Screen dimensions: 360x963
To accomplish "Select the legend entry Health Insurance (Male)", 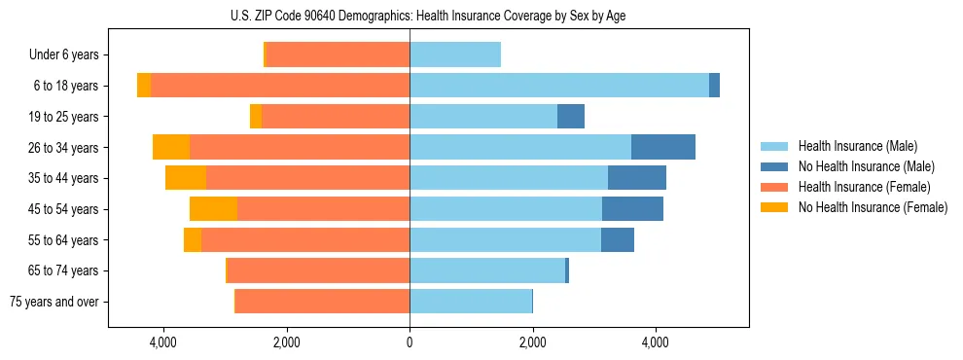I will pos(857,146).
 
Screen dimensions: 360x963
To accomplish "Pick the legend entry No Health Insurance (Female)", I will pos(873,207).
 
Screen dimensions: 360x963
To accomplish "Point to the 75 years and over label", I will pos(54,302).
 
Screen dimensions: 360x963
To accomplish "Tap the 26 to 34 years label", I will pos(64,148).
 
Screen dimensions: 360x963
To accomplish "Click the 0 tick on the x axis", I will pos(410,342).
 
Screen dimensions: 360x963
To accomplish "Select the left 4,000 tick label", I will pos(162,342).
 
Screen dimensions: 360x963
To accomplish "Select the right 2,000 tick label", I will pos(532,342).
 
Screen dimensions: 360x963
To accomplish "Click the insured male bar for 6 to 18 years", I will pos(559,86).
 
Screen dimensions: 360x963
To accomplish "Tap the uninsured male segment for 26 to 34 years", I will pos(663,147).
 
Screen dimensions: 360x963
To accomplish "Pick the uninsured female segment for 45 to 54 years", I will pos(213,209).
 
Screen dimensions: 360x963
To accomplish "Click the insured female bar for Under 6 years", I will pos(338,55).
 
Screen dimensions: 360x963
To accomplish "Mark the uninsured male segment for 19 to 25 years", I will pos(571,117).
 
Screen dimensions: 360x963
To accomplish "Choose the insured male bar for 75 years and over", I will pos(471,302).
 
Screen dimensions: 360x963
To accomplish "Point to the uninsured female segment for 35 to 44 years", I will pos(186,178).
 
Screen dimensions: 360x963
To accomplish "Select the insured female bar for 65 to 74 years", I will pos(318,270).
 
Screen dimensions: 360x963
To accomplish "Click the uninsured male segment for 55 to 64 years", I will pos(618,239).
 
